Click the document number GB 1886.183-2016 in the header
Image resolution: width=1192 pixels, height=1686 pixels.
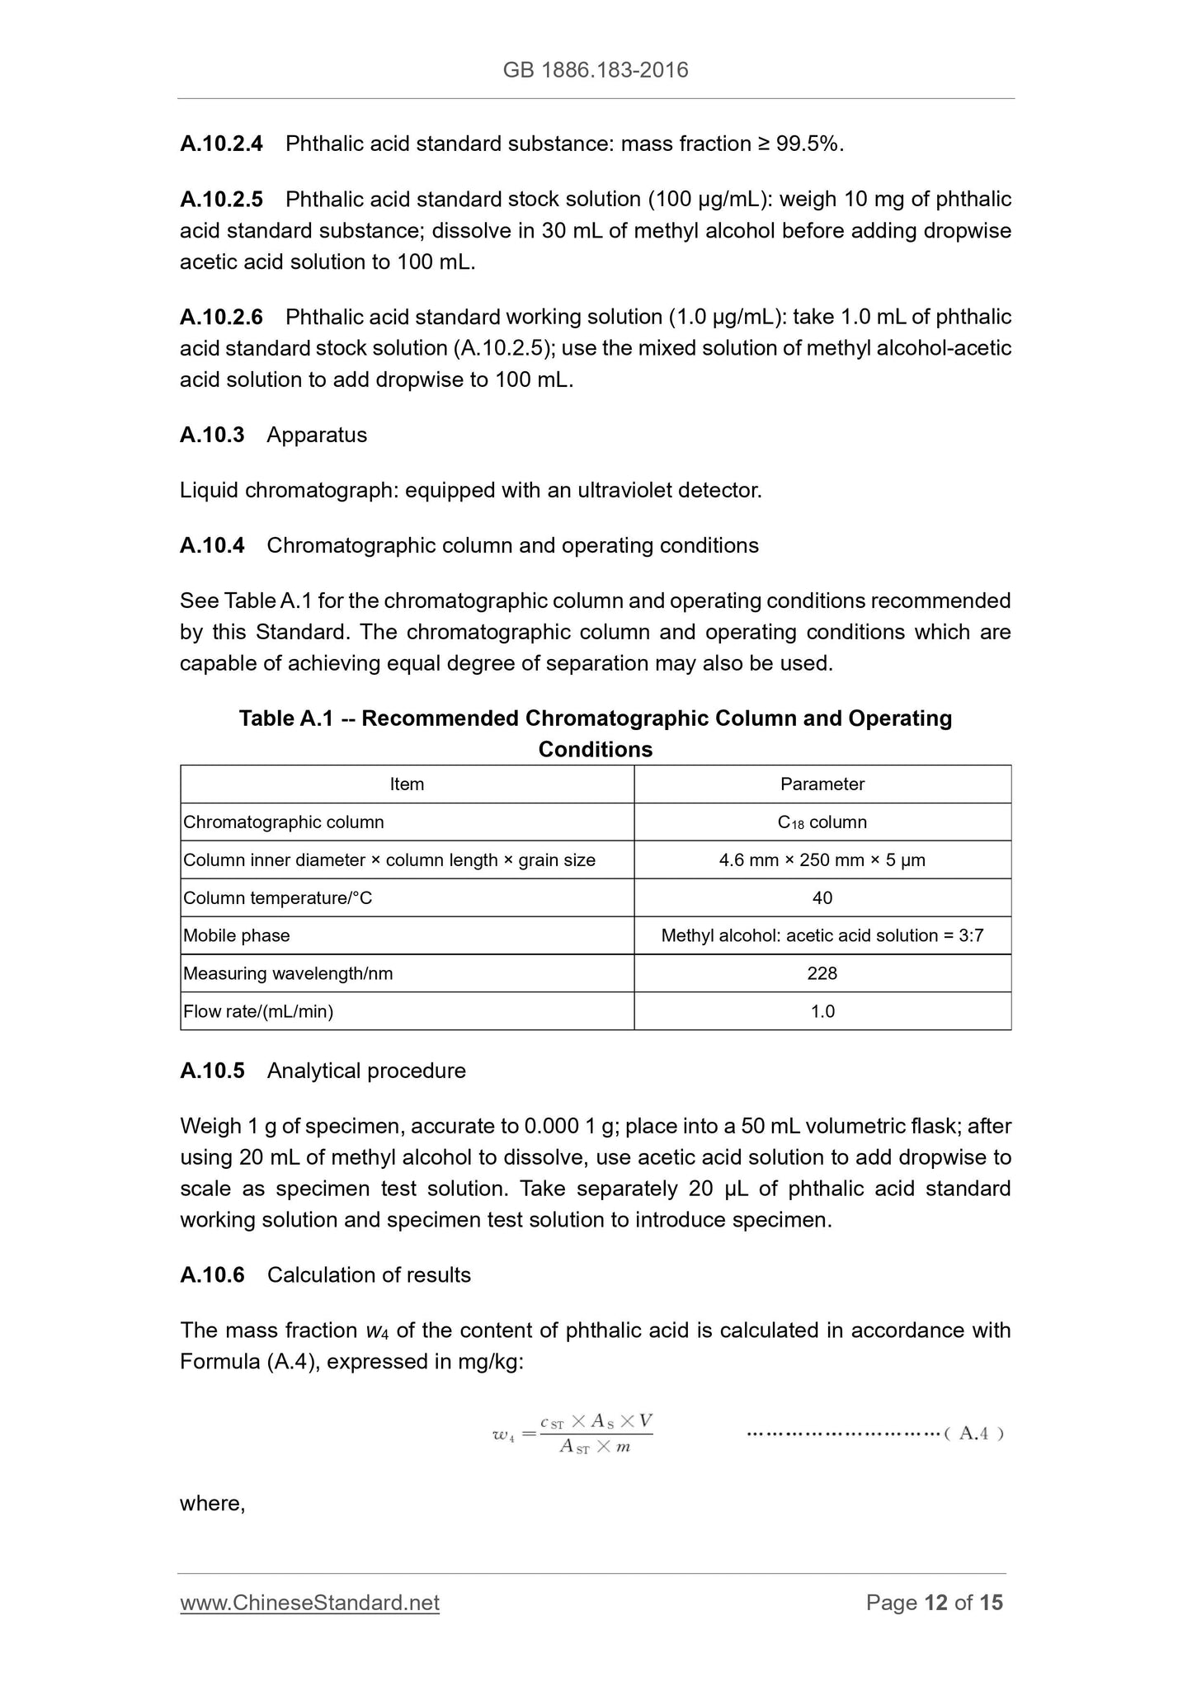point(595,70)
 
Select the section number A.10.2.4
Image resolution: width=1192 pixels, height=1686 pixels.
point(221,144)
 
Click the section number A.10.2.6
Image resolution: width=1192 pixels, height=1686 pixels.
point(221,317)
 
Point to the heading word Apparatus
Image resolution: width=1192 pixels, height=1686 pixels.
point(317,435)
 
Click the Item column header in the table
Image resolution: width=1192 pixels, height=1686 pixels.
point(407,784)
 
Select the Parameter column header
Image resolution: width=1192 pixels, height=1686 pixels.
point(822,784)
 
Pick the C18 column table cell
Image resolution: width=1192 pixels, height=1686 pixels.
point(822,822)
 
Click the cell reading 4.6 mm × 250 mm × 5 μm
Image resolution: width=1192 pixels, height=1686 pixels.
point(822,860)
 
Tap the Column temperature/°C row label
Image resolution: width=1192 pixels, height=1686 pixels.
point(277,898)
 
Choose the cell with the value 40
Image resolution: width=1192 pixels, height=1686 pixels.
point(822,898)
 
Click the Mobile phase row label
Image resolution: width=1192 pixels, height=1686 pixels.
point(237,936)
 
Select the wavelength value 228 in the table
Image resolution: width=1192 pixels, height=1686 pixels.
point(822,974)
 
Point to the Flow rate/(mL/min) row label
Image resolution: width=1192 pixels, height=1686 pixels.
point(258,1012)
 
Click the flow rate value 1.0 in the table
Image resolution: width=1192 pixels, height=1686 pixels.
point(822,1012)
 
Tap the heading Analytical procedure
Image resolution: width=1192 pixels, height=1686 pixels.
point(366,1071)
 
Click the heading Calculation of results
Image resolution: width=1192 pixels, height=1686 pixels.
point(369,1274)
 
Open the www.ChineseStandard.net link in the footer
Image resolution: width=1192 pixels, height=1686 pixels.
point(309,1603)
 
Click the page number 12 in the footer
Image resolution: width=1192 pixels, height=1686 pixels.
point(935,1603)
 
